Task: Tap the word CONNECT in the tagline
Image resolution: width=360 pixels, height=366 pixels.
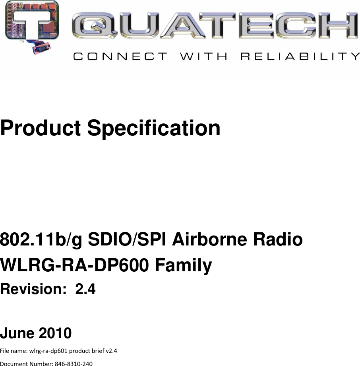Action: [x=119, y=56]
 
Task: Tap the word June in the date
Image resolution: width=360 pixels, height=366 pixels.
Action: [x=17, y=333]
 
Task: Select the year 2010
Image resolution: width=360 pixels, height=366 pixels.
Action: [x=55, y=333]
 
